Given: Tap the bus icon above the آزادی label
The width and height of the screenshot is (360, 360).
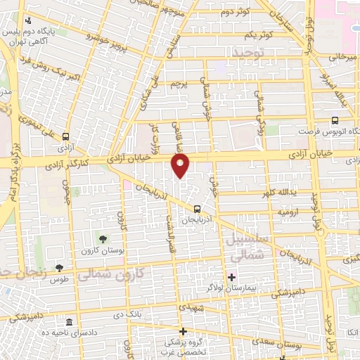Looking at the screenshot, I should tap(65, 137).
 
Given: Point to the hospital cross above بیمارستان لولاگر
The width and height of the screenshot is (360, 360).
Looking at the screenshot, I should tap(231, 276).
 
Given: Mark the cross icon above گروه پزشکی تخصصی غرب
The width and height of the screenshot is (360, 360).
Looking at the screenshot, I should tap(182, 330).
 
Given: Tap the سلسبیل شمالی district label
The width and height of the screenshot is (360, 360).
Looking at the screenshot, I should tap(245, 248).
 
